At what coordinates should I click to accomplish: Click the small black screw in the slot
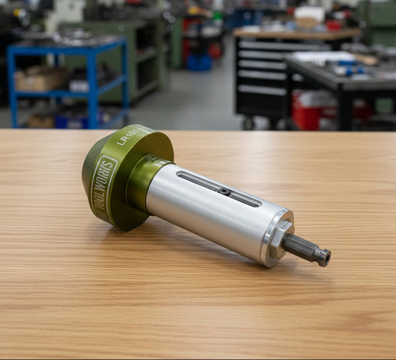click(x=225, y=191)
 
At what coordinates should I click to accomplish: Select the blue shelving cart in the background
click(x=67, y=83)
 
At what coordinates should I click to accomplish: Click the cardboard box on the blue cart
click(x=41, y=79)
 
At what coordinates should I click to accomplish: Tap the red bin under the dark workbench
click(x=309, y=111)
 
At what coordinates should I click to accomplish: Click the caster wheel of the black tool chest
click(x=249, y=123)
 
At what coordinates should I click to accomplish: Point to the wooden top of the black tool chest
click(x=293, y=34)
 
